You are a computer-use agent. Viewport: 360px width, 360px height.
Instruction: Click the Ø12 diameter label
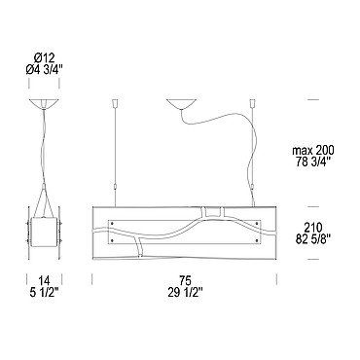(x=44, y=58)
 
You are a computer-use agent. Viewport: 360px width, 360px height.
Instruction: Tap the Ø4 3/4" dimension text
(x=44, y=70)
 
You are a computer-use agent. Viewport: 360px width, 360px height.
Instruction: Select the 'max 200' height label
(x=313, y=151)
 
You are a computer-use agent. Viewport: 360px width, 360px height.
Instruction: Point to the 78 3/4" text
(x=313, y=162)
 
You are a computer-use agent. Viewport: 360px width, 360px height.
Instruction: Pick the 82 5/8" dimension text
(x=312, y=238)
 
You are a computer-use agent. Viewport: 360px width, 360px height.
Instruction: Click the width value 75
(x=185, y=280)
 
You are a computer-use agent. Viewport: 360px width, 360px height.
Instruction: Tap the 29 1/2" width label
(x=185, y=292)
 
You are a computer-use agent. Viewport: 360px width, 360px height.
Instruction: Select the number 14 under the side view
(x=44, y=280)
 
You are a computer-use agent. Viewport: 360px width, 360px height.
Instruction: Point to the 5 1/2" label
(x=44, y=292)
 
